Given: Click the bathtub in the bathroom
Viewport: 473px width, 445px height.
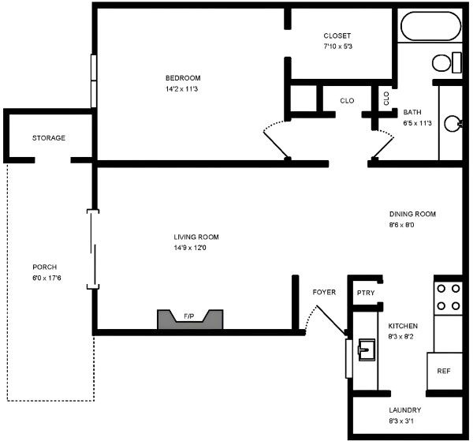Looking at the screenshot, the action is pyautogui.click(x=430, y=26).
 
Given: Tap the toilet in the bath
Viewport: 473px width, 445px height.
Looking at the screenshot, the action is pyautogui.click(x=447, y=62).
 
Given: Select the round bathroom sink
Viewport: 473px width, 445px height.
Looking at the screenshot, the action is pyautogui.click(x=453, y=123).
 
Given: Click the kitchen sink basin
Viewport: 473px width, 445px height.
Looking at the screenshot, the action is pyautogui.click(x=367, y=350).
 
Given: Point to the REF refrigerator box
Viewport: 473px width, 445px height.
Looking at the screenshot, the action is pyautogui.click(x=445, y=371).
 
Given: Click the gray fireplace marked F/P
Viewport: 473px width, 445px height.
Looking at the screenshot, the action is pyautogui.click(x=190, y=319).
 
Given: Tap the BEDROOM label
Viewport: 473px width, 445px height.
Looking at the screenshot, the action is pyautogui.click(x=183, y=78).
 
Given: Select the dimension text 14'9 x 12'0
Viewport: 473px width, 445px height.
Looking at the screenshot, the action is pyautogui.click(x=190, y=248).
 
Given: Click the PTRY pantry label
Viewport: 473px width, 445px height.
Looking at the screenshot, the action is pyautogui.click(x=366, y=293).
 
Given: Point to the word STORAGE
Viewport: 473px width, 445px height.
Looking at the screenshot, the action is pyautogui.click(x=49, y=138).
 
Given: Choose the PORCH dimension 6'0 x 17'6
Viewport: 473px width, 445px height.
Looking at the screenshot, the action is pyautogui.click(x=47, y=278).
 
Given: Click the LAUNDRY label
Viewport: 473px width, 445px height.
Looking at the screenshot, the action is pyautogui.click(x=405, y=410).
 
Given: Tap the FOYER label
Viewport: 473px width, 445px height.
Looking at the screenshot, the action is pyautogui.click(x=324, y=292).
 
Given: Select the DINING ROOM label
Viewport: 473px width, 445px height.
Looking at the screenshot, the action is pyautogui.click(x=412, y=215).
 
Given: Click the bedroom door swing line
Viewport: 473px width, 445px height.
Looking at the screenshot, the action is pyautogui.click(x=276, y=145).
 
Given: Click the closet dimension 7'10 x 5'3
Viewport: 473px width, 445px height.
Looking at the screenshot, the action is pyautogui.click(x=338, y=47).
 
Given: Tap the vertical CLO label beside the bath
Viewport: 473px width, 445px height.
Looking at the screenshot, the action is pyautogui.click(x=386, y=99).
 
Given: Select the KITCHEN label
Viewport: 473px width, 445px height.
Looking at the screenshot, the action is pyautogui.click(x=403, y=326).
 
